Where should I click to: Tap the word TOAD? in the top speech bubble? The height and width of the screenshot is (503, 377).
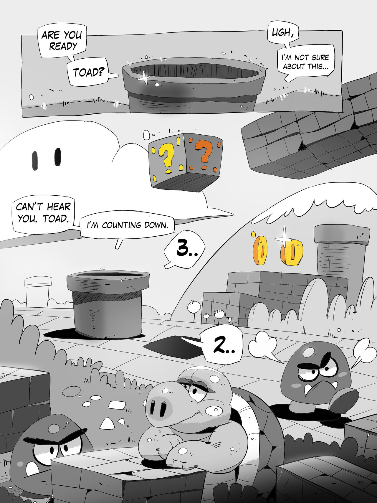(87, 72)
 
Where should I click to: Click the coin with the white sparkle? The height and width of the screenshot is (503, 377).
(291, 252)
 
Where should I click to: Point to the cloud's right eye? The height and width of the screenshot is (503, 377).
(58, 156)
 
